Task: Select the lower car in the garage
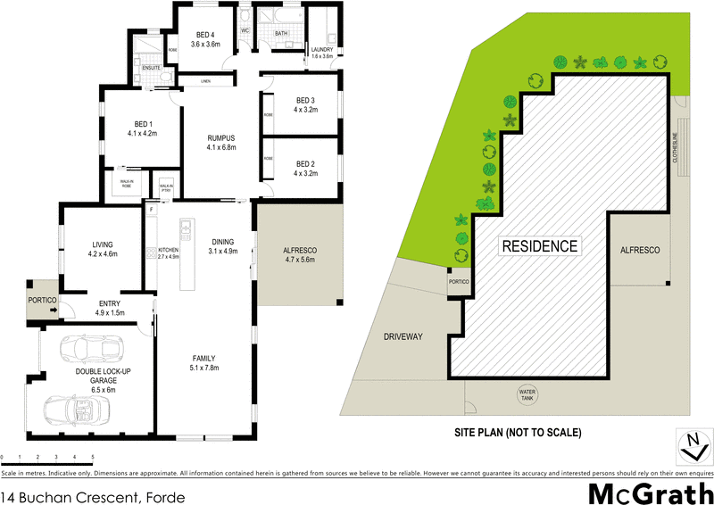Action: click(79, 410)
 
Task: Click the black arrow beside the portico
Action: click(54, 310)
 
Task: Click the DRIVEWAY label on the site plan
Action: click(403, 336)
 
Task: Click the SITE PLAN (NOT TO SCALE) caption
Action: click(518, 433)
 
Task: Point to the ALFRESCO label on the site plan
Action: click(639, 251)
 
